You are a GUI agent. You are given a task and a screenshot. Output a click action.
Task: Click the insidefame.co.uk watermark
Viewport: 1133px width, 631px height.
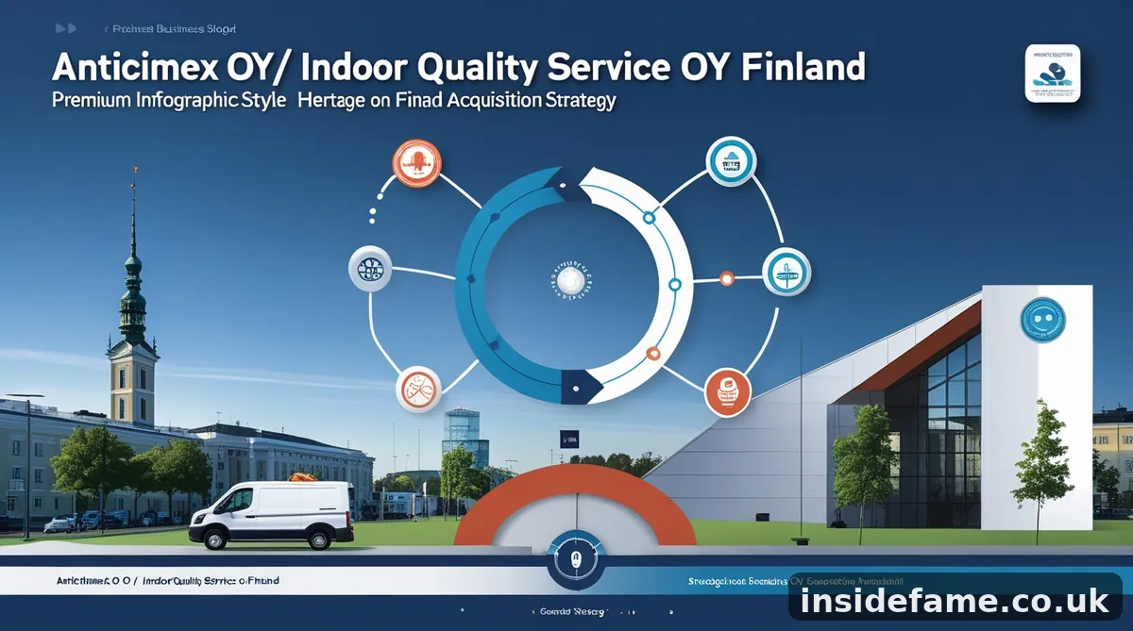(955, 600)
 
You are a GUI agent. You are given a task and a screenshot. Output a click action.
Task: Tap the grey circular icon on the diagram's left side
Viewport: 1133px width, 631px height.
(370, 270)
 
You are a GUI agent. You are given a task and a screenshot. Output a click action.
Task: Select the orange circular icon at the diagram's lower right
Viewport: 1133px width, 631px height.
(728, 391)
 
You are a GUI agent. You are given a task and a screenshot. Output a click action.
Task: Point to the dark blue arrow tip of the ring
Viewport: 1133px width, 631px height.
(580, 384)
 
